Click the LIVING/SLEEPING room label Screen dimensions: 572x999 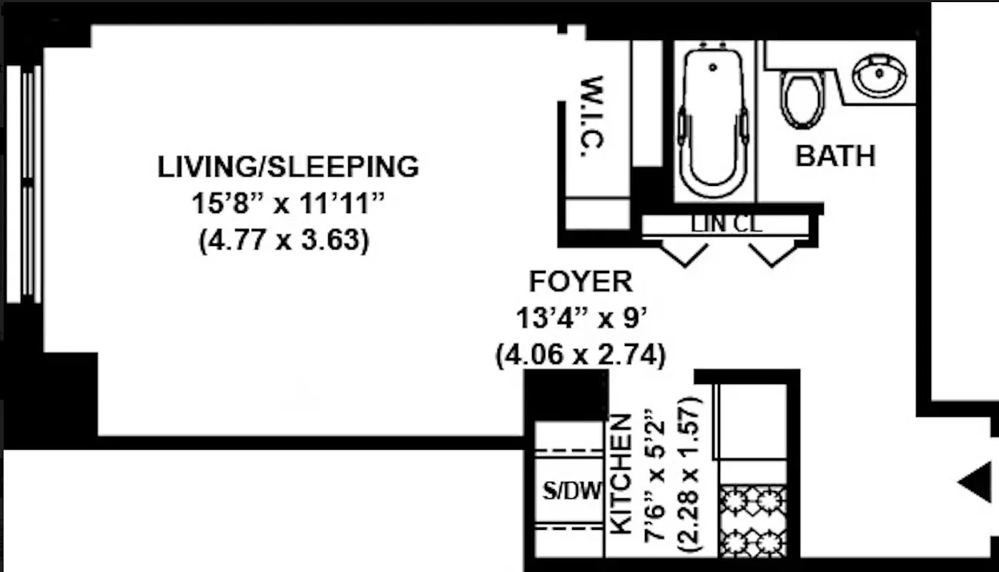click(287, 167)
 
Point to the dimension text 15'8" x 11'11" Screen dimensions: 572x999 click(287, 204)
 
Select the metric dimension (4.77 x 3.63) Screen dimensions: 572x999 click(284, 240)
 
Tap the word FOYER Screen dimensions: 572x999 click(581, 282)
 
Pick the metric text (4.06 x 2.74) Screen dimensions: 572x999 click(581, 355)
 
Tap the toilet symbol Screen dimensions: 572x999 click(802, 98)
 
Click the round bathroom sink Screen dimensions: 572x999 click(879, 75)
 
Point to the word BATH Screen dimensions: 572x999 click(835, 156)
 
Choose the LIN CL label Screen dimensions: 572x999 click(727, 225)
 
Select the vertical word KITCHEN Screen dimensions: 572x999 click(621, 474)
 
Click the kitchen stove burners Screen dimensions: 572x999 click(753, 521)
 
